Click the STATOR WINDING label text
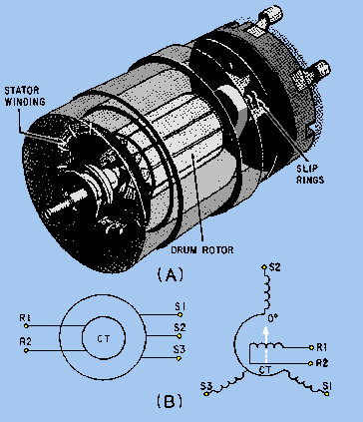coord(25,96)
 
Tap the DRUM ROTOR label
coord(202,249)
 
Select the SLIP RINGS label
coord(310,174)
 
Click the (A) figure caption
coord(170,275)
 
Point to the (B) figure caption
coord(170,401)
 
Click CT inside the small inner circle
coord(104,339)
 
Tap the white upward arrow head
coord(265,331)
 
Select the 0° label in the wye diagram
coord(273,318)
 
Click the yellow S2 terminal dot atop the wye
coord(264,266)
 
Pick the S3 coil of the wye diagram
coord(230,382)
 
